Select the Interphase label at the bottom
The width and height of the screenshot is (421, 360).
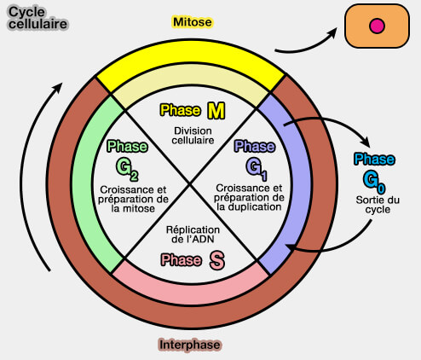click(190, 345)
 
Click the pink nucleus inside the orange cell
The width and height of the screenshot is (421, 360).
click(375, 27)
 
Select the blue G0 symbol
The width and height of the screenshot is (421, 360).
click(374, 180)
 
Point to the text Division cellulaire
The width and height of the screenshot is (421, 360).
click(193, 135)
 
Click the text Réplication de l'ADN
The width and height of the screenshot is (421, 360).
click(192, 235)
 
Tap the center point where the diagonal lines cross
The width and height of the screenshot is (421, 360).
click(192, 184)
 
